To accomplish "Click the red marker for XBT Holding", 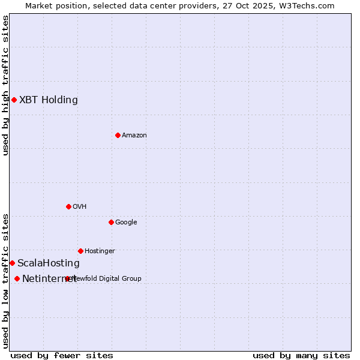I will click(x=14, y=100).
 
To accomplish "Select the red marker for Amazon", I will click(x=118, y=135).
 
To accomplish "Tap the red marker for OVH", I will click(x=68, y=206).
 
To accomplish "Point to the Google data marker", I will click(x=111, y=222).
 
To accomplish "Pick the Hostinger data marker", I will click(x=80, y=251).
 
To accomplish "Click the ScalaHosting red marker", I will click(x=12, y=263).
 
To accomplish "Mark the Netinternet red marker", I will click(x=17, y=278).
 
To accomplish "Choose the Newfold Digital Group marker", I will click(x=67, y=278).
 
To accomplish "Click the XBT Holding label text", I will click(x=49, y=100).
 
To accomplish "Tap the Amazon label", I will click(x=134, y=136).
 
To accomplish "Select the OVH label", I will click(x=80, y=207).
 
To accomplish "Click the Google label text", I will click(x=126, y=223).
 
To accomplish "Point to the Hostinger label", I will click(x=100, y=251).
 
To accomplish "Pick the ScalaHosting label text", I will click(x=49, y=263).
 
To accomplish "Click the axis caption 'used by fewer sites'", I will click(x=62, y=355).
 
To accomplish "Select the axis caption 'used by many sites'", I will click(x=301, y=355).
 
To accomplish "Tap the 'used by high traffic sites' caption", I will click(x=5, y=85).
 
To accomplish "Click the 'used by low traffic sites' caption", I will click(x=5, y=281).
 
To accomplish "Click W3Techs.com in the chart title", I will click(x=310, y=5).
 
